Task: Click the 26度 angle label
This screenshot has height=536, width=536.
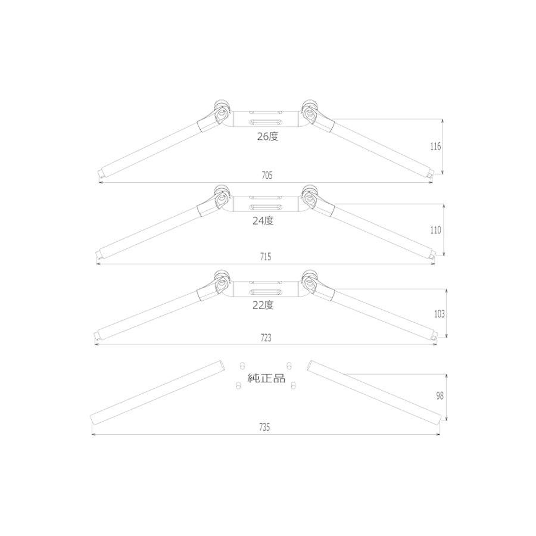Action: (267, 136)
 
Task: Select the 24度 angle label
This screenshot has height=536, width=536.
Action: (263, 221)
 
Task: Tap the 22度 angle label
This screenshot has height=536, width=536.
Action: (263, 305)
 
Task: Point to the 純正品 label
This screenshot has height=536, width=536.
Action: (266, 378)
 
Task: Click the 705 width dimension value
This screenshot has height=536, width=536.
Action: (267, 175)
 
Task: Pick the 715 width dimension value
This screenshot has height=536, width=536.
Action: (266, 257)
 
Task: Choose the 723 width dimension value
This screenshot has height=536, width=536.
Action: (266, 338)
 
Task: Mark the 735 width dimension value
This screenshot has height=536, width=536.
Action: (264, 427)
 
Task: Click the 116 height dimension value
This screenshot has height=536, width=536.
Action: (435, 147)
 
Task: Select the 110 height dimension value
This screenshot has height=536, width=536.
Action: (435, 230)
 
